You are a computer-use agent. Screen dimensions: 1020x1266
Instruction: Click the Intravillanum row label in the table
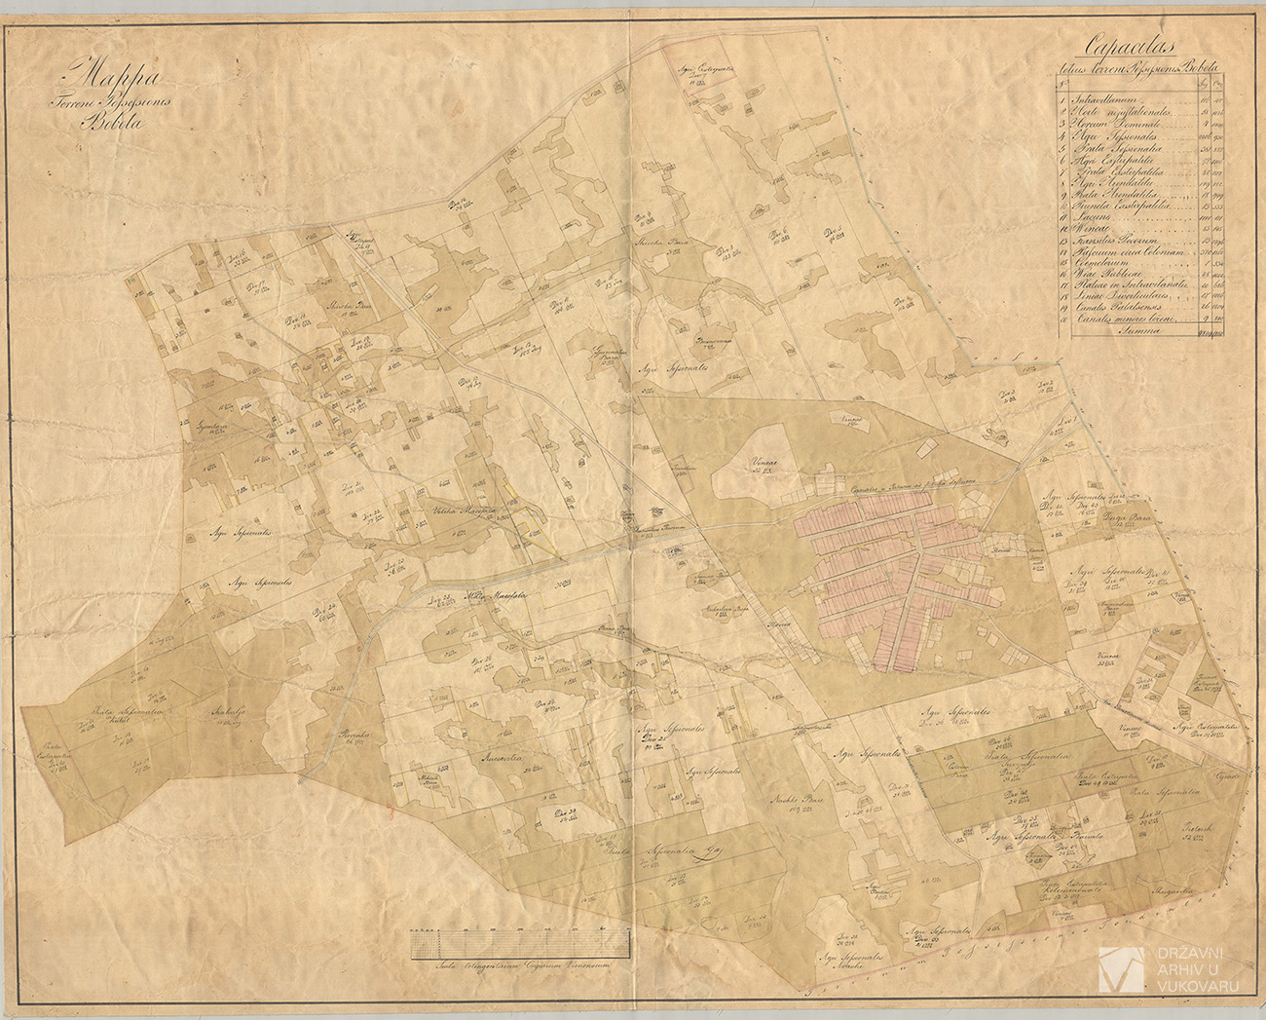click(1111, 98)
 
